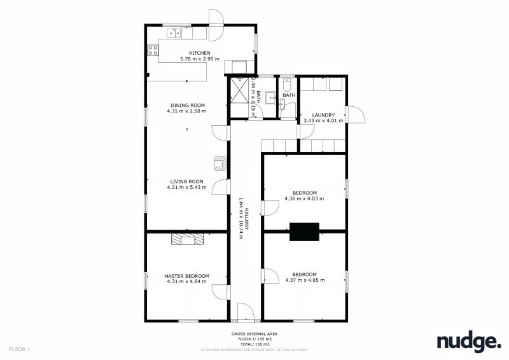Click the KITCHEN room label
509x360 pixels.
point(199,53)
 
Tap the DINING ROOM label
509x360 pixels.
point(187,105)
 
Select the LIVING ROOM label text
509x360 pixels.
point(186,181)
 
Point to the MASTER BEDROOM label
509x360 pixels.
point(186,275)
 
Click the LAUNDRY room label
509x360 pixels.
point(323,115)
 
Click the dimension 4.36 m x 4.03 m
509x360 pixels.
point(304,198)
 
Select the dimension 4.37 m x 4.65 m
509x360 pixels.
point(305,280)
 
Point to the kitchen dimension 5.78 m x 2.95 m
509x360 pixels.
point(199,59)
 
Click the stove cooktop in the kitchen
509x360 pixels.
point(153,49)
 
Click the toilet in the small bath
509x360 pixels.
point(286,85)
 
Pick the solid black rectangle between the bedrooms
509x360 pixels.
point(304,232)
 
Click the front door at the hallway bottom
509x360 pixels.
point(245,314)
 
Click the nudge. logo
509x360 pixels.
point(468,342)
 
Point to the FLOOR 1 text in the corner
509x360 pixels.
point(20,349)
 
